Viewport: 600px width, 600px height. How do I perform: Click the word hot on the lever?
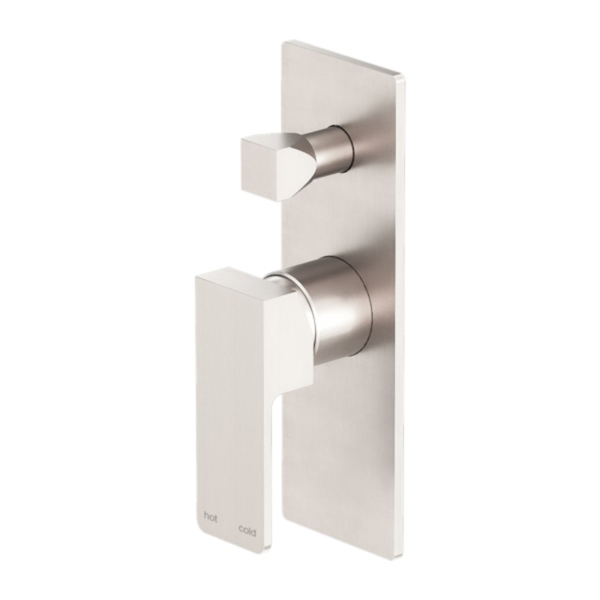tap(211, 517)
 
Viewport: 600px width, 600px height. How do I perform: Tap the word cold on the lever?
tap(247, 530)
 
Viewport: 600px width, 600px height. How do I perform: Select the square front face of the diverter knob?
tap(259, 166)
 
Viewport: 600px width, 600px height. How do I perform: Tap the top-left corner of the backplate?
tap(283, 41)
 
